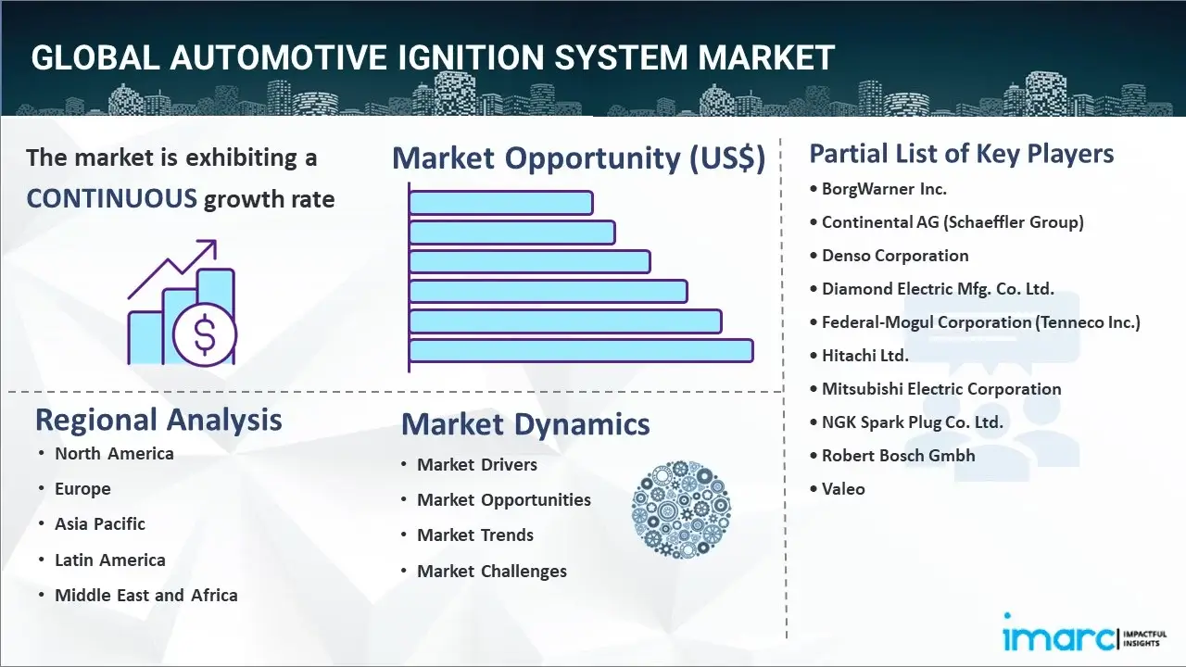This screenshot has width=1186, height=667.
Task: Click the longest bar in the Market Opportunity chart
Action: pyautogui.click(x=581, y=351)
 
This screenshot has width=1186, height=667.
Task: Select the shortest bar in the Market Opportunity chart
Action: pyautogui.click(x=500, y=202)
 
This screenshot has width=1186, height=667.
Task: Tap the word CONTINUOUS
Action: pyautogui.click(x=111, y=198)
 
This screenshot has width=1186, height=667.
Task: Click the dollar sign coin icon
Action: pyautogui.click(x=205, y=336)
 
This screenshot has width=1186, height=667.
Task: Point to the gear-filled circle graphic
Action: pyautogui.click(x=681, y=510)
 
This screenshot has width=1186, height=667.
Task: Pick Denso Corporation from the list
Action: pyautogui.click(x=895, y=256)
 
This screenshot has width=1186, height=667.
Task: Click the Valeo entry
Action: pyautogui.click(x=843, y=489)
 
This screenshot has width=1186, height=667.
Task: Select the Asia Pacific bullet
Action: pyautogui.click(x=100, y=524)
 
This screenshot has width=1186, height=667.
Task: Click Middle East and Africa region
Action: pyautogui.click(x=146, y=596)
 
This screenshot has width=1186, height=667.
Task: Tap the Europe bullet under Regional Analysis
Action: pyautogui.click(x=82, y=489)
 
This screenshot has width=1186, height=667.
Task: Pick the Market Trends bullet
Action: pyautogui.click(x=475, y=535)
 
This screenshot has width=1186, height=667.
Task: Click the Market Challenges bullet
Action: pyautogui.click(x=492, y=572)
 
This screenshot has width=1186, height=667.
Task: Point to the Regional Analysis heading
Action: pyautogui.click(x=158, y=420)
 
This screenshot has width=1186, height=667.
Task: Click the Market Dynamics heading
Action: pyautogui.click(x=525, y=424)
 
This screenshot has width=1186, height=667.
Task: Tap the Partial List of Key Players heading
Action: pyautogui.click(x=962, y=153)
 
